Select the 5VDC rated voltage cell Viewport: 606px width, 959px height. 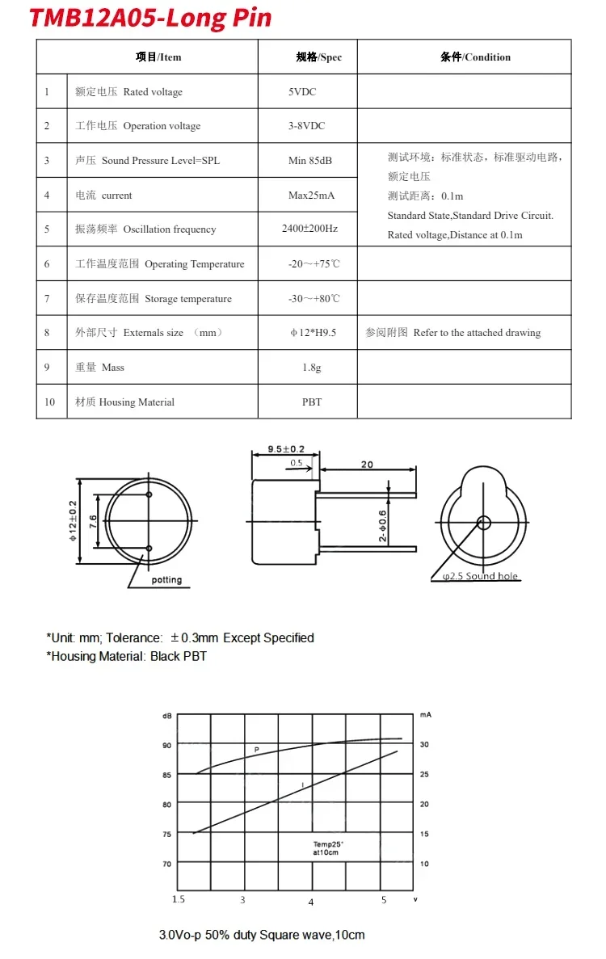coord(302,92)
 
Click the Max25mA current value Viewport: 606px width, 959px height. coord(311,196)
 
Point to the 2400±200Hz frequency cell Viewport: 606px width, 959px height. coord(309,229)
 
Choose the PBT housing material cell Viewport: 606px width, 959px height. coord(311,402)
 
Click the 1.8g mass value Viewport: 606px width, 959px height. coord(311,368)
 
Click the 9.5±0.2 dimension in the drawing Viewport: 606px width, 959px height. coord(286,449)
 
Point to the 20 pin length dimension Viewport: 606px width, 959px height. coord(368,464)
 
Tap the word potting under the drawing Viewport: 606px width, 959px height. coord(167,580)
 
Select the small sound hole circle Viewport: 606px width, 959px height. coord(483,522)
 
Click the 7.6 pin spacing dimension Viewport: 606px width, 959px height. coord(94,523)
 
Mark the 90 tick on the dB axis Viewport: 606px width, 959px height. coord(167,745)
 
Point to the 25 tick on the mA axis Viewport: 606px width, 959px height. coord(424,775)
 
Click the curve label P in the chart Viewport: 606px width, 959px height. coord(256,751)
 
